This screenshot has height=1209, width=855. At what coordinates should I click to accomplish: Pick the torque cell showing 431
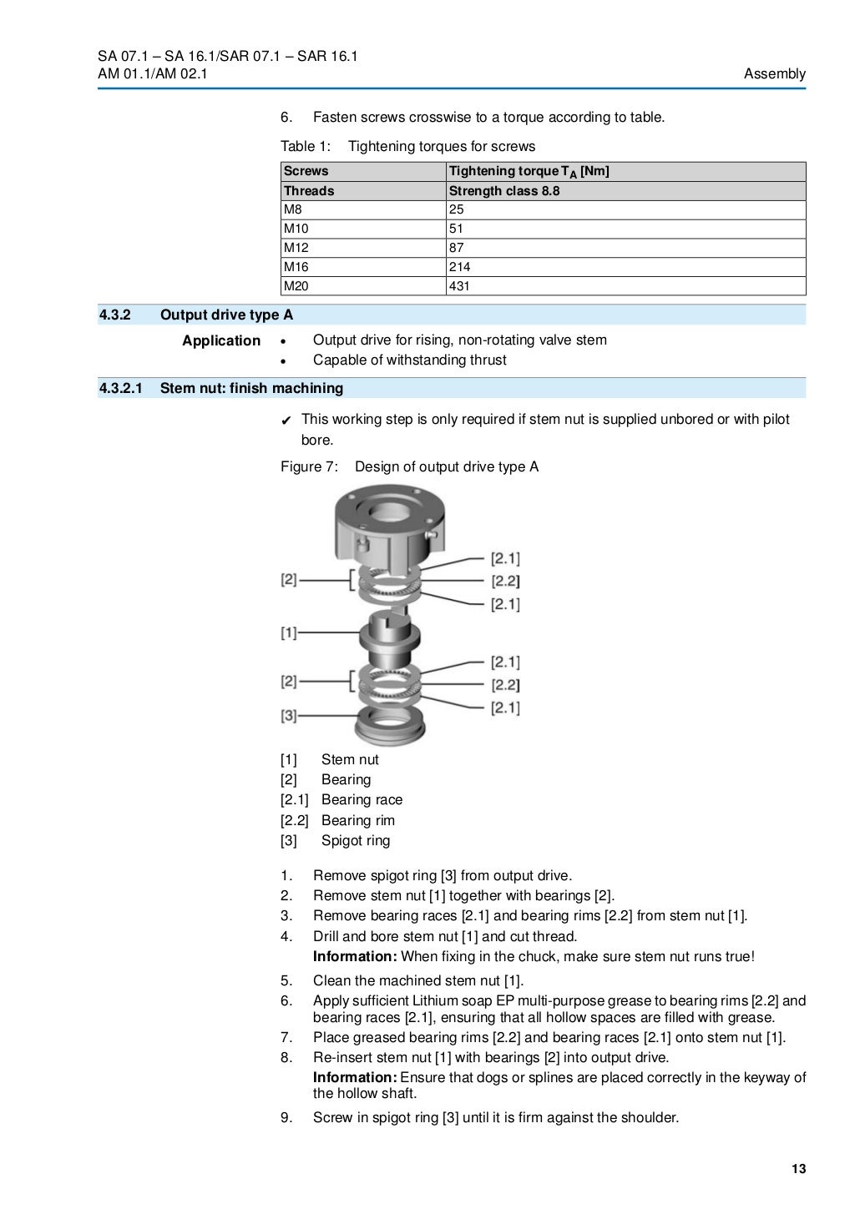point(460,286)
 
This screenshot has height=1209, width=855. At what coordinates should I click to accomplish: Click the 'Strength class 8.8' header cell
point(504,191)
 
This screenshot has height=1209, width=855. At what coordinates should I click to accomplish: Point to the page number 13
point(798,1169)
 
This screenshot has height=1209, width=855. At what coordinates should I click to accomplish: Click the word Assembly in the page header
point(774,73)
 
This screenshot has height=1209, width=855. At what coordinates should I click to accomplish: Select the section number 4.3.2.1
point(121,388)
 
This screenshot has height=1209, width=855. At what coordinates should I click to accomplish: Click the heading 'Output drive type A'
point(226,315)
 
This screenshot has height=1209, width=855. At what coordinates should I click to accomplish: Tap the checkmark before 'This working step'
point(286,420)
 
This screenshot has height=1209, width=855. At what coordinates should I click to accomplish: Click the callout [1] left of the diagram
point(289,633)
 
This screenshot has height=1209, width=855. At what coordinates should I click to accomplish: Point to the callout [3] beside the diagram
point(289,715)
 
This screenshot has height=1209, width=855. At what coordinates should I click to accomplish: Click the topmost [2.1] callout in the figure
point(504,558)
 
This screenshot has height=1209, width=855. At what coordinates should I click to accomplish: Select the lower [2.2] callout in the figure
point(504,685)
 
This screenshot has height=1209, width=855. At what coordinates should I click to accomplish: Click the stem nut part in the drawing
point(387,637)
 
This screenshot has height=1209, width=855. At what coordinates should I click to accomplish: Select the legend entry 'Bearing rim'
point(357,820)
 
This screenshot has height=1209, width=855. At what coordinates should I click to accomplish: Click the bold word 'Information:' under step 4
point(355,957)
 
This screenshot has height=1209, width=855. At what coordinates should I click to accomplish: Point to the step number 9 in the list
point(286,1117)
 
